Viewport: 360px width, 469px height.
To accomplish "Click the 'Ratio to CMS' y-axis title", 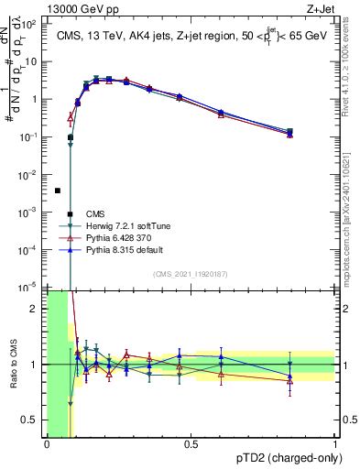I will (13, 365).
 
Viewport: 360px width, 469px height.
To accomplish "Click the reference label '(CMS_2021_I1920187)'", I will (191, 274).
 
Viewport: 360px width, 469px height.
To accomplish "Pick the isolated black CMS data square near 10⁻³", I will (58, 191).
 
